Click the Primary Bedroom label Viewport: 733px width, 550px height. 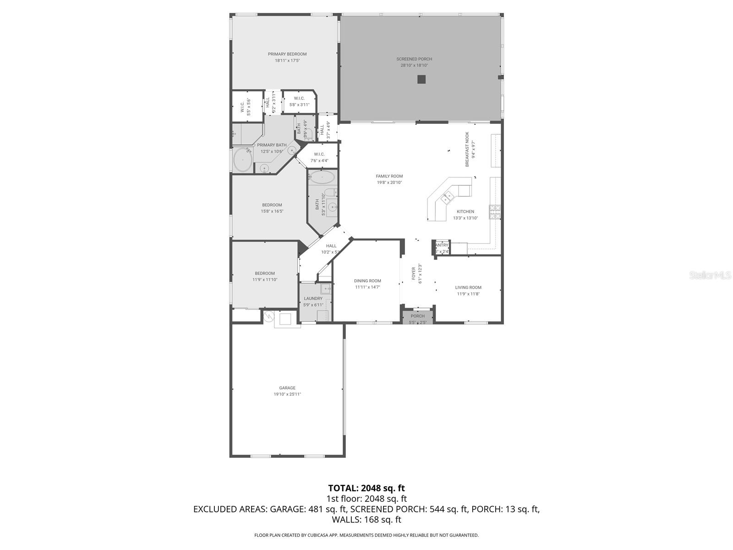point(287,54)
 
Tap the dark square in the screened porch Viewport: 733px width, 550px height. point(421,79)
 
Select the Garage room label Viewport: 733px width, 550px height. point(287,388)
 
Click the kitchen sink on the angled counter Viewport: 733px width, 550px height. point(447,198)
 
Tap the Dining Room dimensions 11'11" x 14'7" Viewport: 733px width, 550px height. point(367,287)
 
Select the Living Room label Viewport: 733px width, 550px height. point(468,287)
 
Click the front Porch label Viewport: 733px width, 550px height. point(417,316)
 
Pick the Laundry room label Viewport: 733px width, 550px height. point(313,298)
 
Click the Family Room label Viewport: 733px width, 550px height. point(389,176)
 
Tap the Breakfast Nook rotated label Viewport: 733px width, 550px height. point(467,149)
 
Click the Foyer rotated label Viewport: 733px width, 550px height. point(413,273)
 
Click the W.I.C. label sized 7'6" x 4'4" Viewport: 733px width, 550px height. point(319,154)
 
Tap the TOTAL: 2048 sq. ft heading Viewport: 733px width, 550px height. point(366,488)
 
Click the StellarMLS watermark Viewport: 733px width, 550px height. point(710,275)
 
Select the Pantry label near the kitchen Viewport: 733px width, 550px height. point(442,245)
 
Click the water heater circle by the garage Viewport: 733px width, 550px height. point(269,316)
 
